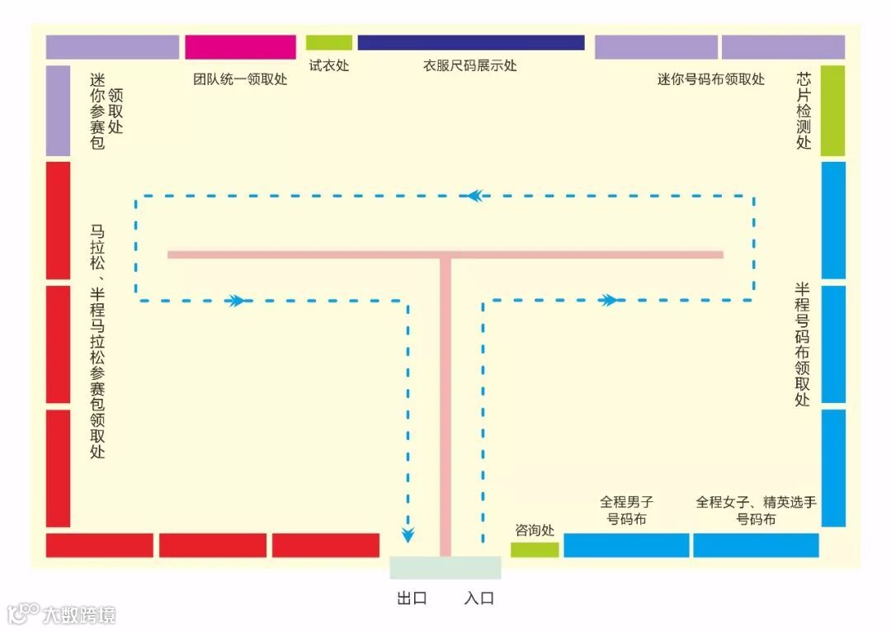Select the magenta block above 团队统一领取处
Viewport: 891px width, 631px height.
(x=240, y=47)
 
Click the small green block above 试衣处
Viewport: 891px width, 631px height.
(x=329, y=42)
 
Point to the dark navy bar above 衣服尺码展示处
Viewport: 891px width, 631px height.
(x=471, y=42)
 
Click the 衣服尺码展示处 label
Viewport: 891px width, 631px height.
(x=470, y=65)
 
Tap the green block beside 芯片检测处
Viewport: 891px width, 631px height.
(x=833, y=111)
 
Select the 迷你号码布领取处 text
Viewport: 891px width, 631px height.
(x=710, y=79)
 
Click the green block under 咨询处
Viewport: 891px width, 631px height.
(x=535, y=549)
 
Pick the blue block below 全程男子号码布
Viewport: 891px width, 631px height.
(x=626, y=545)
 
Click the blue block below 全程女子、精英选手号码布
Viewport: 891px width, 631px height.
(x=756, y=545)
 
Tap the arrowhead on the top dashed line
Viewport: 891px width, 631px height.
(x=474, y=196)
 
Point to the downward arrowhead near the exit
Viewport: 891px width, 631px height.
(x=408, y=534)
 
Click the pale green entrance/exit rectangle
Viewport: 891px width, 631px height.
(x=445, y=567)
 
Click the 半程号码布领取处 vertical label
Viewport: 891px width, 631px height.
(x=802, y=344)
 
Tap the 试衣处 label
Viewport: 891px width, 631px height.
(x=329, y=65)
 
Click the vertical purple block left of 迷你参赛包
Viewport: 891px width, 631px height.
(x=58, y=111)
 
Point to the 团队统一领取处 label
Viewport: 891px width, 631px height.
(x=240, y=80)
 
